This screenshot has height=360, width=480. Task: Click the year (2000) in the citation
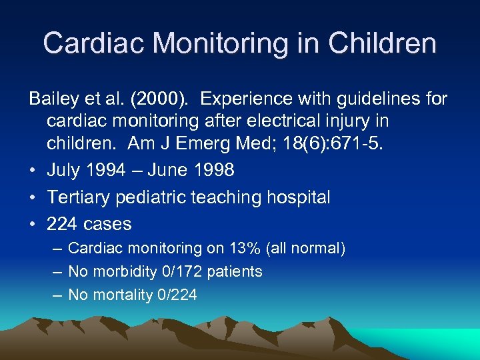pos(156,99)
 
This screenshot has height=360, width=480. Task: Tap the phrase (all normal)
pos(306,249)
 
